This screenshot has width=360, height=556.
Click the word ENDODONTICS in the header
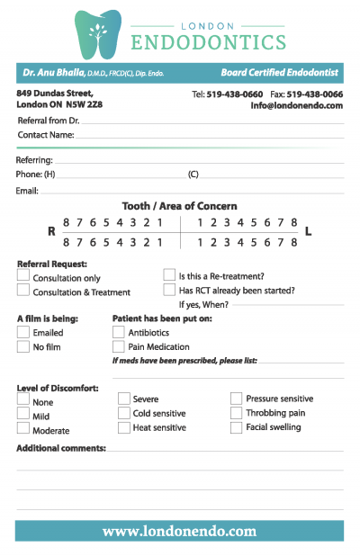tap(208, 42)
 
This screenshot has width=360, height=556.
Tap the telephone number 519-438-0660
tap(235, 94)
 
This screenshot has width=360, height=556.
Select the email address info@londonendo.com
tap(296, 105)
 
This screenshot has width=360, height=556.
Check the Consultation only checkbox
tap(23, 277)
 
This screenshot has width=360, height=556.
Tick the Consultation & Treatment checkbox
tap(23, 291)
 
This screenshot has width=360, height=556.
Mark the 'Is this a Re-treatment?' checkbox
tap(169, 275)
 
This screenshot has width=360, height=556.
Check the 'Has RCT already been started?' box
tap(169, 290)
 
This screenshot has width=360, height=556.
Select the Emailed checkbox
tap(23, 332)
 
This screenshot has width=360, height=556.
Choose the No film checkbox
tap(23, 346)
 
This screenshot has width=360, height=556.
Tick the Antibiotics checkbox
tap(119, 332)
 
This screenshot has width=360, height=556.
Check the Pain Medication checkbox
tap(119, 346)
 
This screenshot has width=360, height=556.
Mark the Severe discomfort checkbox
tap(124, 399)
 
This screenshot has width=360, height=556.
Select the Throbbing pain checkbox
tap(237, 413)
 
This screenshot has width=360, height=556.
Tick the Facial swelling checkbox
tap(237, 427)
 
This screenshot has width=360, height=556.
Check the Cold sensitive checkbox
tap(124, 413)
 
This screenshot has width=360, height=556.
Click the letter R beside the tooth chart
tap(51, 231)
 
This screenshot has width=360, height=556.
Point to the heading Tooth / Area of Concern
tap(180, 206)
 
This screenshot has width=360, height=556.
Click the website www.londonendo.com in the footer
tap(180, 531)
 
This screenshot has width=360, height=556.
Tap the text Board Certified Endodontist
tap(281, 72)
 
